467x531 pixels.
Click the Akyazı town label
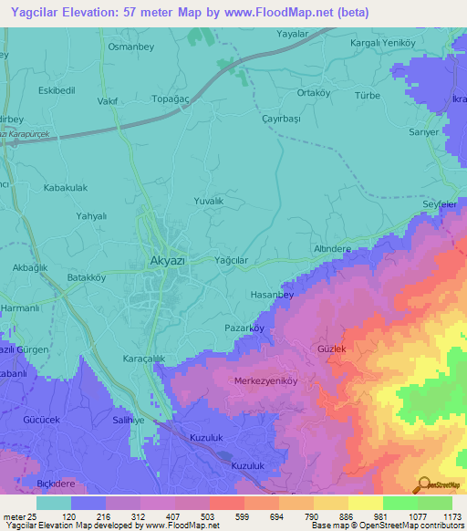[x=166, y=260]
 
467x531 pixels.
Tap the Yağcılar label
[x=231, y=260]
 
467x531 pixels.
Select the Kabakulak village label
[x=65, y=187]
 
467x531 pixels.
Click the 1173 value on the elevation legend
[x=449, y=515]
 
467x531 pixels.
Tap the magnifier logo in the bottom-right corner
[x=423, y=485]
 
